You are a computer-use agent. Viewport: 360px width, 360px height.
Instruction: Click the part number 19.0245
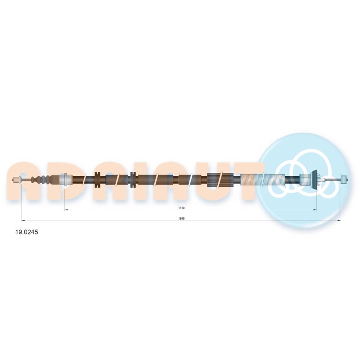click(27, 232)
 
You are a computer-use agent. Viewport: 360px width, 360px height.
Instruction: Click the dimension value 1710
click(181, 208)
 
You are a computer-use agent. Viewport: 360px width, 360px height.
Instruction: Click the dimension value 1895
click(181, 218)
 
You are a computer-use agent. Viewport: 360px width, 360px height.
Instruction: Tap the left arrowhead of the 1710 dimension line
click(66, 210)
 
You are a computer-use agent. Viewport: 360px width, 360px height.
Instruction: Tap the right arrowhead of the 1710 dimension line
click(315, 210)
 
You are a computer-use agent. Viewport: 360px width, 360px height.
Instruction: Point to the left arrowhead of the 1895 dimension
click(23, 220)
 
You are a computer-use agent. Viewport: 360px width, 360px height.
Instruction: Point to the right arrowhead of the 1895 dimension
click(339, 220)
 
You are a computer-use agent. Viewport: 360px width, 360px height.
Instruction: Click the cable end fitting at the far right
click(344, 179)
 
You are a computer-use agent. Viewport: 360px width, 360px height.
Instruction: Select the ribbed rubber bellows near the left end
click(41, 180)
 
